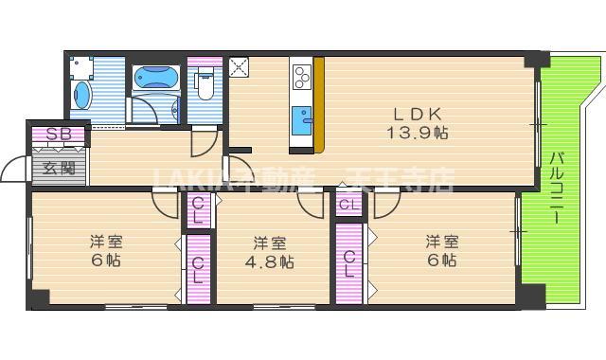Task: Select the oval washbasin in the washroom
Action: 82,97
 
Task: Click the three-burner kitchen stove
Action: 304,75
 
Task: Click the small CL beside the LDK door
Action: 348,205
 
